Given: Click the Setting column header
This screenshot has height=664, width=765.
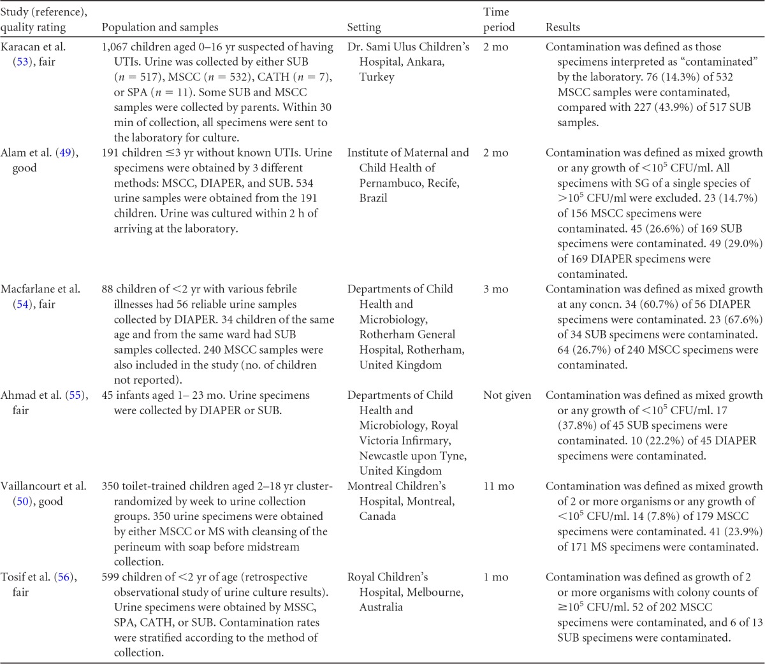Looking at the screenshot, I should pyautogui.click(x=364, y=27).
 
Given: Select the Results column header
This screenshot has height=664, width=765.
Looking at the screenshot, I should pyautogui.click(x=563, y=27).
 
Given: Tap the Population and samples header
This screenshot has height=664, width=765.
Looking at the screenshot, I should pyautogui.click(x=160, y=27).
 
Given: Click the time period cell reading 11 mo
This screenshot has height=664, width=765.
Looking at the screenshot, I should pyautogui.click(x=499, y=486).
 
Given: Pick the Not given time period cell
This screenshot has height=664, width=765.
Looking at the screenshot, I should pyautogui.click(x=507, y=395).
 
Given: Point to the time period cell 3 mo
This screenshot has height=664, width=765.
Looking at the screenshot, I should pyautogui.click(x=495, y=289).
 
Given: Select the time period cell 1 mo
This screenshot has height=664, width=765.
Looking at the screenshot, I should pyautogui.click(x=495, y=577).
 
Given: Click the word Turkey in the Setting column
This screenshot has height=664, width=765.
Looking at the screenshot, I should pyautogui.click(x=377, y=77).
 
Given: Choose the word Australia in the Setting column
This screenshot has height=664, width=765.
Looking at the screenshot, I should pyautogui.click(x=381, y=607).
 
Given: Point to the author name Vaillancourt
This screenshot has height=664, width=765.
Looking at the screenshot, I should pyautogui.click(x=32, y=486).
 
